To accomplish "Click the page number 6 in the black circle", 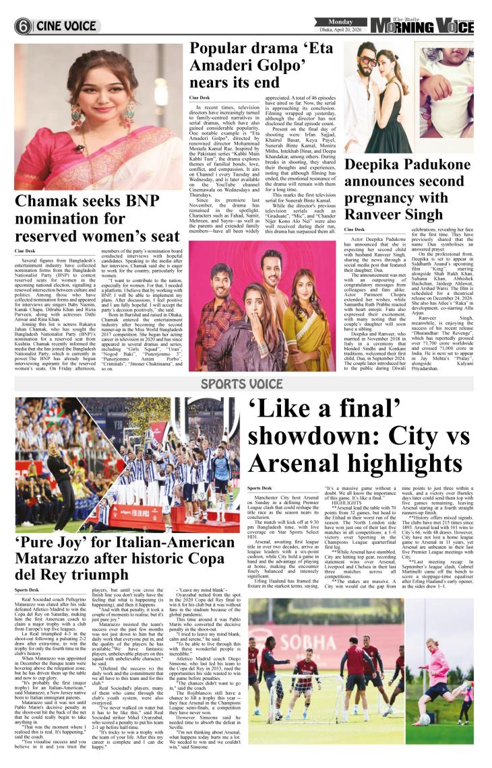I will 24,26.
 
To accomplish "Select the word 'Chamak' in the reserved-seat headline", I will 47,201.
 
